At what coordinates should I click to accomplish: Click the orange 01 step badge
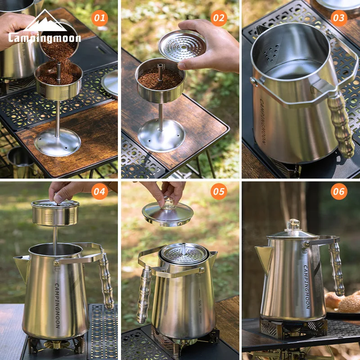pyautogui.click(x=99, y=18)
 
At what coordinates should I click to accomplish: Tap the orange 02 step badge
pyautogui.click(x=219, y=18)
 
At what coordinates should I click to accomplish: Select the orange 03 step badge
pyautogui.click(x=339, y=18)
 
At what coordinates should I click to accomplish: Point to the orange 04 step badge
pyautogui.click(x=99, y=192)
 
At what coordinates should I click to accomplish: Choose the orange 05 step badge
pyautogui.click(x=219, y=192)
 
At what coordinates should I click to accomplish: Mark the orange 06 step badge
pyautogui.click(x=339, y=192)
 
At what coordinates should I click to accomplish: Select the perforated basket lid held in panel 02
pyautogui.click(x=182, y=45)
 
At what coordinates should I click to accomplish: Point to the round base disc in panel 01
pyautogui.click(x=57, y=142)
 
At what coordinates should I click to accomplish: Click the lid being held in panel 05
pyautogui.click(x=167, y=214)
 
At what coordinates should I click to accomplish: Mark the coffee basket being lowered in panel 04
pyautogui.click(x=55, y=212)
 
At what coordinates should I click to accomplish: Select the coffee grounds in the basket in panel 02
pyautogui.click(x=160, y=78)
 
